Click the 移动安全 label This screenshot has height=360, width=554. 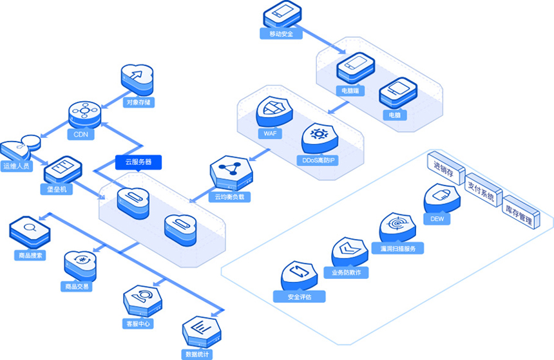[282, 33]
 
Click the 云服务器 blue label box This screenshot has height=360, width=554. [138, 162]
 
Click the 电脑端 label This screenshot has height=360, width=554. [352, 91]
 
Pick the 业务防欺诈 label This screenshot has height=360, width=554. [346, 272]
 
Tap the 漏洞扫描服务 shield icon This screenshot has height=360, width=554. [397, 227]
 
